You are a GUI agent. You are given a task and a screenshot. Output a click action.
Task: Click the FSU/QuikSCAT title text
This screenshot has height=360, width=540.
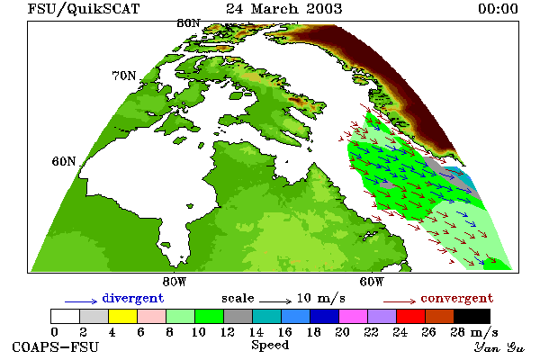(84, 9)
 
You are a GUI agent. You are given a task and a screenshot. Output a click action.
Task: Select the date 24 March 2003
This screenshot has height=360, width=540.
(284, 9)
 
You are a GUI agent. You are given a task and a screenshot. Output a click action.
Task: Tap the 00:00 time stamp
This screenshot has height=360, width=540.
(498, 9)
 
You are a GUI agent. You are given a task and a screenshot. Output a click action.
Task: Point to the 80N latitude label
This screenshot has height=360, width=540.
(188, 23)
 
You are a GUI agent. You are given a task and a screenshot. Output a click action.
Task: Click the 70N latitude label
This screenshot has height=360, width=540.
(124, 76)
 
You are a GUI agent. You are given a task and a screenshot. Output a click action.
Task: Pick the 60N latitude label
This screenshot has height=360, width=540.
(64, 161)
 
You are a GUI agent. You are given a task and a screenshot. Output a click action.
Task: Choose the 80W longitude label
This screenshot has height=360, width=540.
(175, 282)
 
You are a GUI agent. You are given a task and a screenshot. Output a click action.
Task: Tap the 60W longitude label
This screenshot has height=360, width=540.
(371, 282)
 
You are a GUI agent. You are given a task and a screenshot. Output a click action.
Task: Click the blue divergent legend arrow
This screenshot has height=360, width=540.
(81, 301)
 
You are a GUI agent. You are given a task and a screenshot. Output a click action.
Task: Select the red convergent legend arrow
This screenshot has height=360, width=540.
(400, 301)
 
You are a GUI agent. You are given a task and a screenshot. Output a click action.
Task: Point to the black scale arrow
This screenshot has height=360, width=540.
(275, 301)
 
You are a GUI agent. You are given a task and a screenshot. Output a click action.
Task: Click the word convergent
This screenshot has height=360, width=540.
(457, 298)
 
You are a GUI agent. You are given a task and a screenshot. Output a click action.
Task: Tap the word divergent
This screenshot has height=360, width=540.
(133, 298)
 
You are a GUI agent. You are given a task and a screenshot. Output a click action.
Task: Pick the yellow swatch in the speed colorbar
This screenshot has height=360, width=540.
(122, 316)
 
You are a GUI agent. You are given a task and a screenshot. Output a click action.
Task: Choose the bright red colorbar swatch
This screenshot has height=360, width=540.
(410, 316)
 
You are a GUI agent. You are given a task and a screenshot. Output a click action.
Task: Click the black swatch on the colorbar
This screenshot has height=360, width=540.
(472, 316)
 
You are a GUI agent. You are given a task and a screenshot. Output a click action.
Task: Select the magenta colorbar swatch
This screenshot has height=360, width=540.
(353, 316)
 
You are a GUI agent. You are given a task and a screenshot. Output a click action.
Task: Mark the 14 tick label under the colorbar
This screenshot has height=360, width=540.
(256, 332)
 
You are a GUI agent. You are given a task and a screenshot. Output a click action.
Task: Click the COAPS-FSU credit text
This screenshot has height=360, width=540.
(56, 346)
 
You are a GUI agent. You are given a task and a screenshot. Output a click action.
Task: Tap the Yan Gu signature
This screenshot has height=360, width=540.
(499, 347)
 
